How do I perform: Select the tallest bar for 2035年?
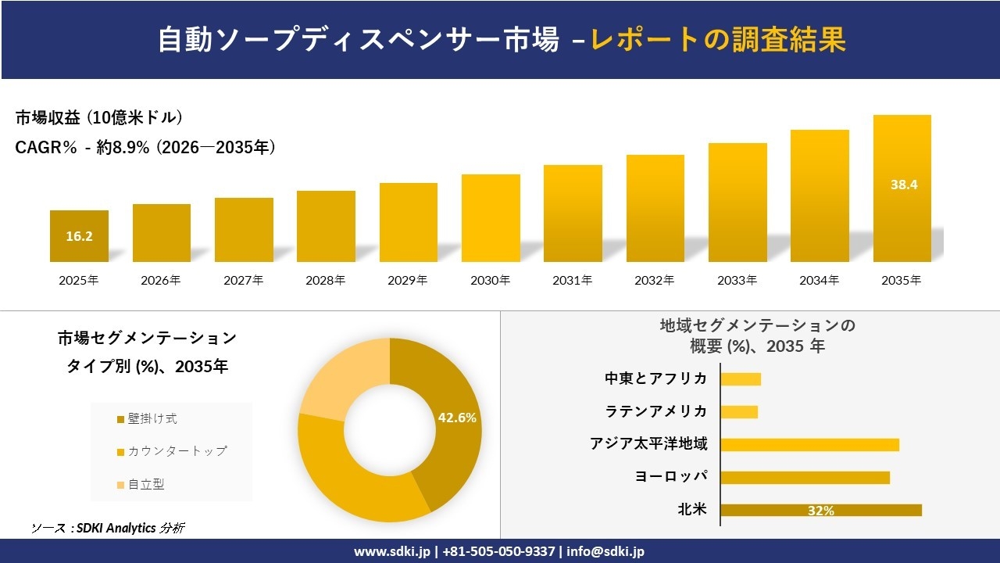(902, 188)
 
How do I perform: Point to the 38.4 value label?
(903, 185)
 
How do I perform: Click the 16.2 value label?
(79, 235)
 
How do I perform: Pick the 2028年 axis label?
(326, 280)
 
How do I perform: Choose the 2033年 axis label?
(737, 280)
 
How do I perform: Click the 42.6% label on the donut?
(457, 418)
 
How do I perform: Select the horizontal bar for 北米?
(820, 510)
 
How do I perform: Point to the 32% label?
(820, 511)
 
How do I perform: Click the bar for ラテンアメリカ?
(739, 411)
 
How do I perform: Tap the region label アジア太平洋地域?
(648, 444)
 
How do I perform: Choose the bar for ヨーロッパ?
(805, 477)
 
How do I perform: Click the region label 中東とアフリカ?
(656, 378)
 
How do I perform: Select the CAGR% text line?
(145, 147)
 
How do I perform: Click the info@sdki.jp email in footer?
(605, 551)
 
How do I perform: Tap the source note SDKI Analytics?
(109, 529)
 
